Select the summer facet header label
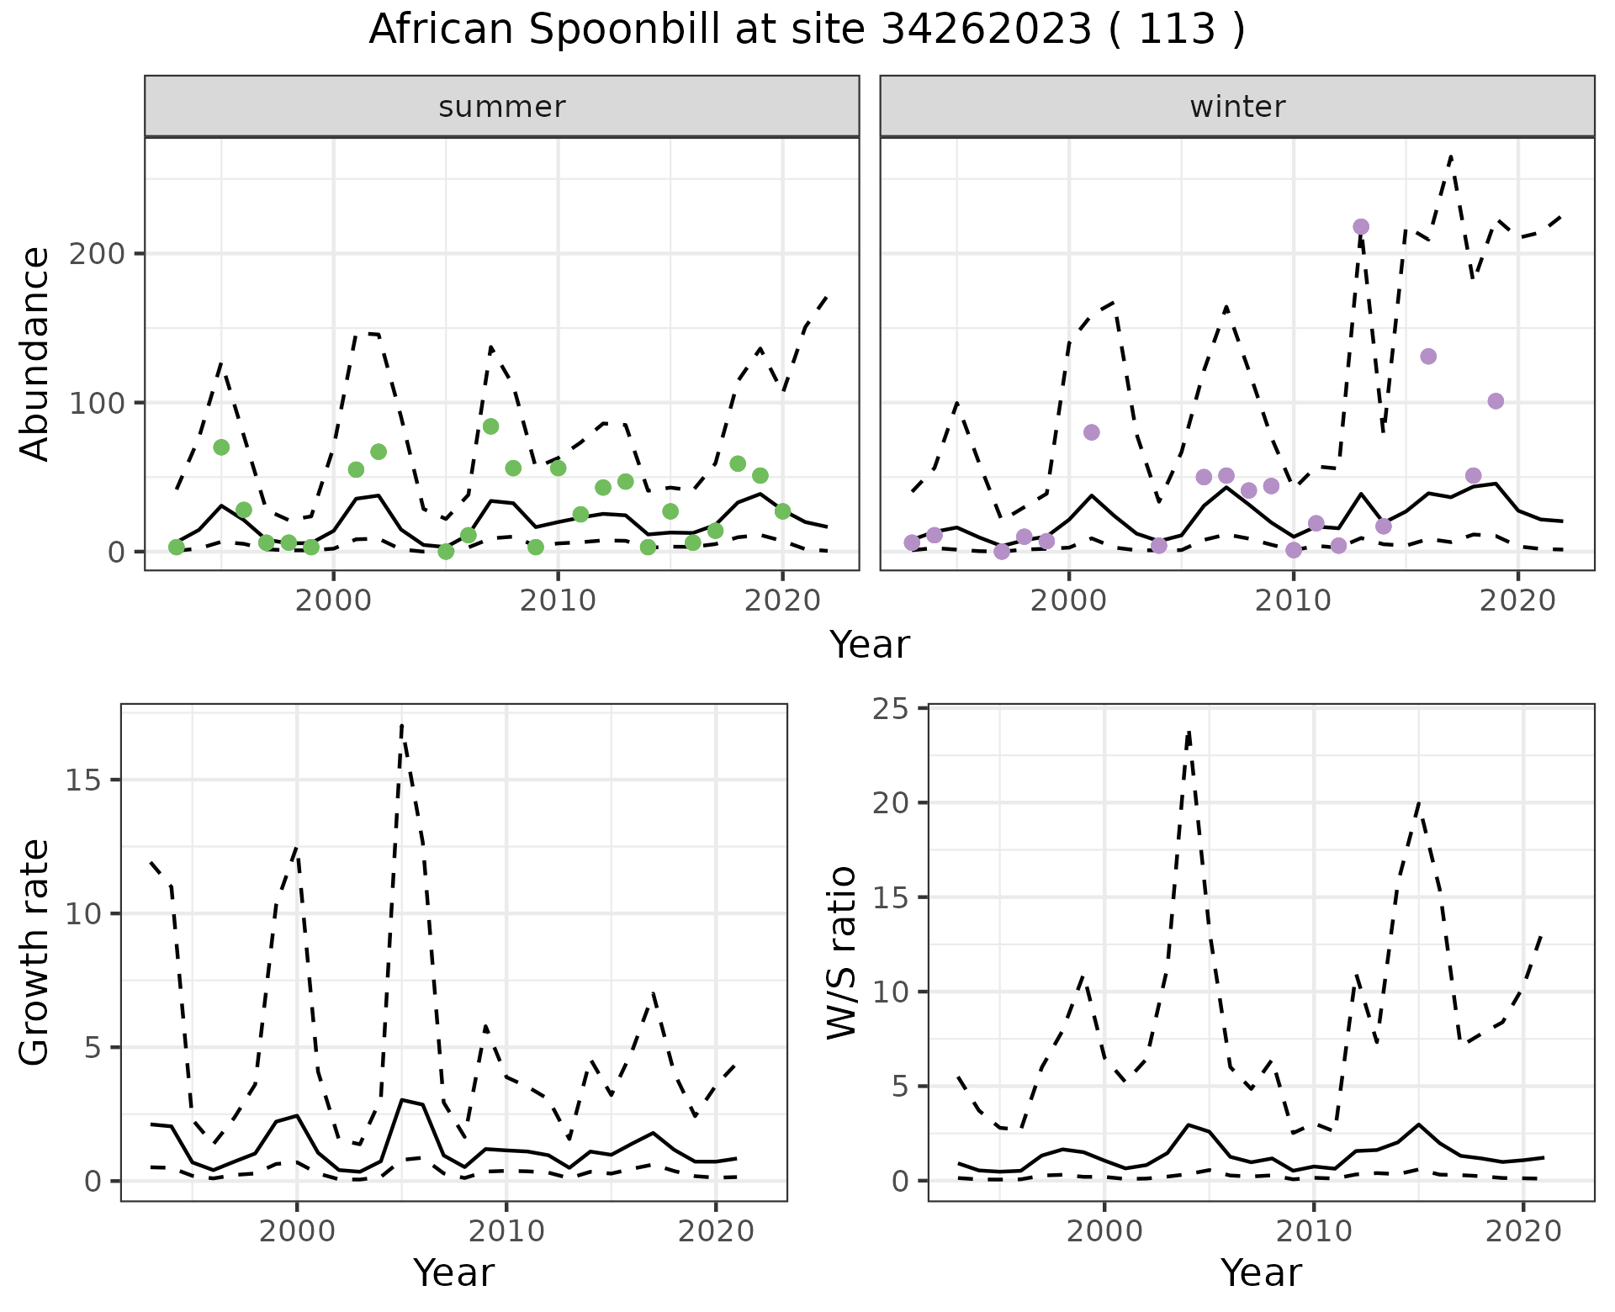coord(502,107)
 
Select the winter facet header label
coord(1237,107)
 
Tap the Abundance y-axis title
coord(35,354)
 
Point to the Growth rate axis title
coord(35,953)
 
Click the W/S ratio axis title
coord(842,953)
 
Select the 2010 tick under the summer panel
coord(558,601)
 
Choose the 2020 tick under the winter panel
coord(1517,601)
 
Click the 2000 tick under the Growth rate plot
coord(296,1231)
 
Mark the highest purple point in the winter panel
coord(1361,227)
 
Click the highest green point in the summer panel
coord(491,426)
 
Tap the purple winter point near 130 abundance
coord(1428,357)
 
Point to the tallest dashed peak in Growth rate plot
coord(402,725)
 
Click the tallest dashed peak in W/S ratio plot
coord(1189,732)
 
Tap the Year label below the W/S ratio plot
coord(1261,1272)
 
